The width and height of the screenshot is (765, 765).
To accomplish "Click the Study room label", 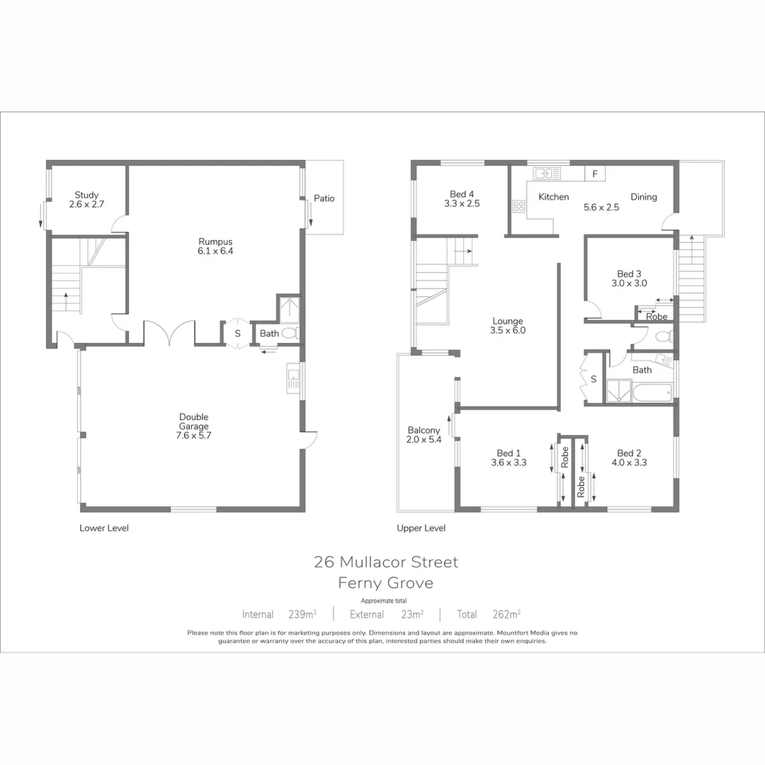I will coord(86,195).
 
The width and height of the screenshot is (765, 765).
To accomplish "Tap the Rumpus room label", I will coord(215,242).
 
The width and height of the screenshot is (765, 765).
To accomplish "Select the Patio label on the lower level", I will coord(324,198).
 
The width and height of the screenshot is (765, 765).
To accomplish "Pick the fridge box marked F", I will coord(595,174).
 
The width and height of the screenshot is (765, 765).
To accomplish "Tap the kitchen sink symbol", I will coord(547,174).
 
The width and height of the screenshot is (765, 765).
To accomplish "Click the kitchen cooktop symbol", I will coord(518,207).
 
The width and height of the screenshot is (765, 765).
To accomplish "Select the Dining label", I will coord(644,197).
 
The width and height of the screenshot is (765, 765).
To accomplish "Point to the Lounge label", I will coord(508,321).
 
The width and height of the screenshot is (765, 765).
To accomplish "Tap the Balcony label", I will coord(424,430).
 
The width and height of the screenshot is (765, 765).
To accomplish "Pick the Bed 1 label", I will coord(509,453).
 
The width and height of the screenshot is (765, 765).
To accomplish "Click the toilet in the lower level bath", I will coord(289,333).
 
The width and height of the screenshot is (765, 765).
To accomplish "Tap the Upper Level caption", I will coord(421,528).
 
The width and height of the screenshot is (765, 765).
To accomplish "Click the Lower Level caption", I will coord(104,528).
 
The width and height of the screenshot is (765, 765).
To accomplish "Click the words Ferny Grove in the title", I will coord(386,584).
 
